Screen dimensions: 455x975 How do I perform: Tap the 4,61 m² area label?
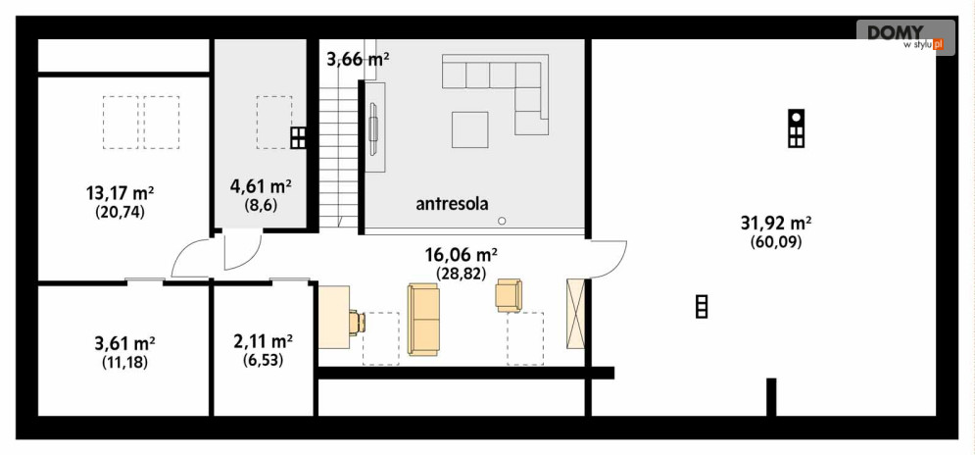coord(261,186)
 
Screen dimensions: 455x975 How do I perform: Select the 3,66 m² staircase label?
coord(358,59)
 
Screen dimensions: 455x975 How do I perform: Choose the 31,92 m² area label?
coord(776,223)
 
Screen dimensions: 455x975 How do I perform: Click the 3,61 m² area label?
coord(124,343)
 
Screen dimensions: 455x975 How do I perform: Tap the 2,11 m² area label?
coord(262,341)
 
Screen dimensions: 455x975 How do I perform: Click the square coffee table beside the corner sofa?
coord(469,129)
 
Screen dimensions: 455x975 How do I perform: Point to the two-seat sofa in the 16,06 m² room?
coord(424,319)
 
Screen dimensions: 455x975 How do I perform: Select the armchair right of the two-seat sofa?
coord(510,294)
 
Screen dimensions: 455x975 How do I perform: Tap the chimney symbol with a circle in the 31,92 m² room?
coord(797,127)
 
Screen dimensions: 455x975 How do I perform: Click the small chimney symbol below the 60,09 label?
coord(701,307)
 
